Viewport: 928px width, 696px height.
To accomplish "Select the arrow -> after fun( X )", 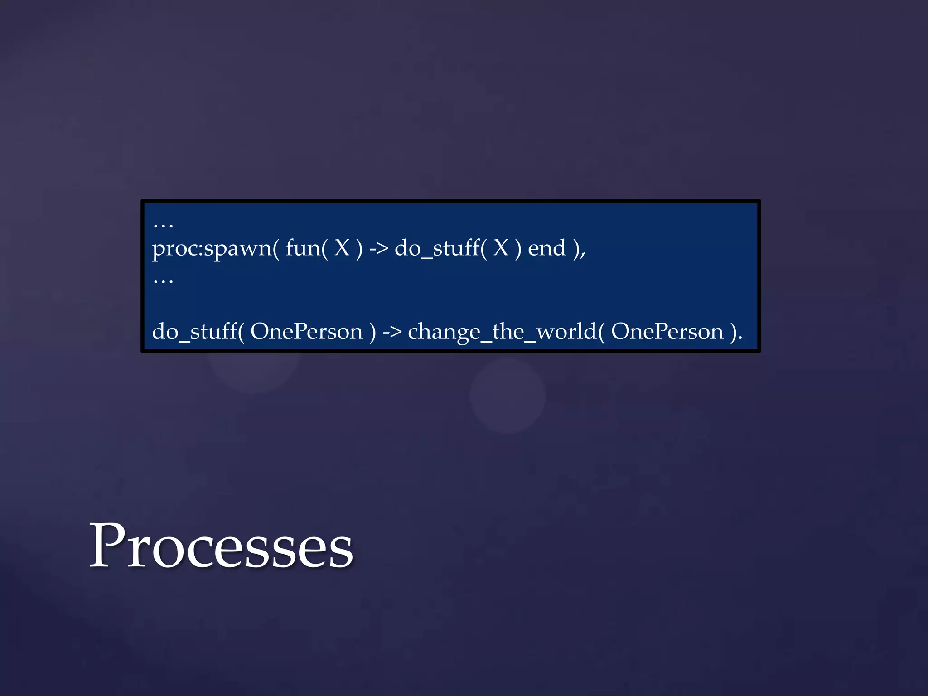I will click(378, 249).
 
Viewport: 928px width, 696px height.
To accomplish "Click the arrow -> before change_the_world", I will click(392, 332).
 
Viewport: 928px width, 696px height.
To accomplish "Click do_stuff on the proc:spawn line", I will click(437, 249).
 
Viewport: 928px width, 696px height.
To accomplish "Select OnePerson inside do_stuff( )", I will click(307, 332).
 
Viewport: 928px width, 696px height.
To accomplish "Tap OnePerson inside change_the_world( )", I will click(667, 332).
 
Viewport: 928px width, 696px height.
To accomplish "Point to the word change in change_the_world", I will click(444, 333).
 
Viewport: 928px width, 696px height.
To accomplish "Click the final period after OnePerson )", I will click(740, 338).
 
